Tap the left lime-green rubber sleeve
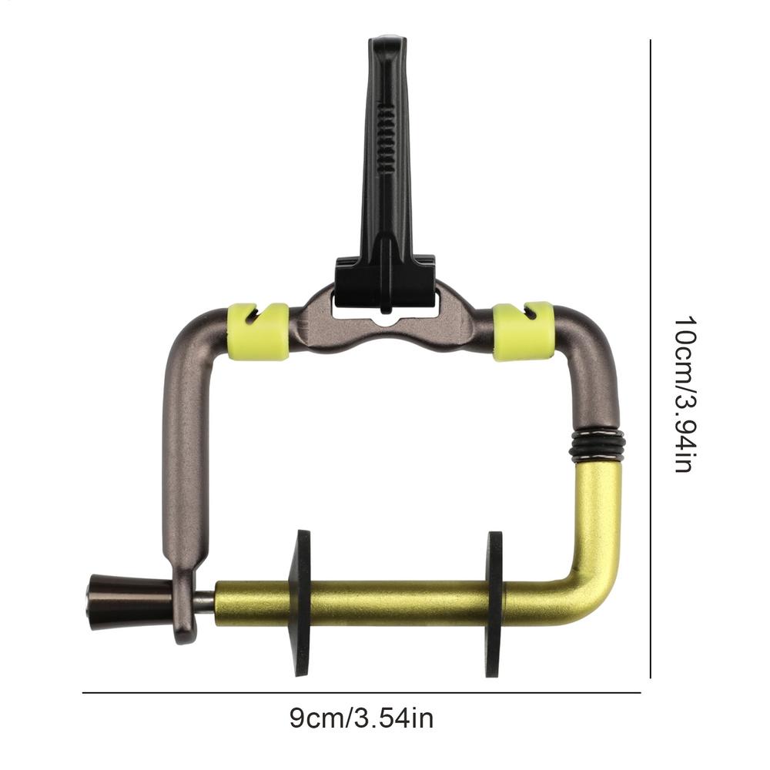point(259,331)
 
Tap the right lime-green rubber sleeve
point(523,331)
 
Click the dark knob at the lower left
point(129,598)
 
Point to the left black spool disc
point(300,603)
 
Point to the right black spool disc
point(494,604)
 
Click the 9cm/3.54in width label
point(361,718)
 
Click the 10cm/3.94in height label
point(684,394)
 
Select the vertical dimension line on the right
point(651,359)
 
